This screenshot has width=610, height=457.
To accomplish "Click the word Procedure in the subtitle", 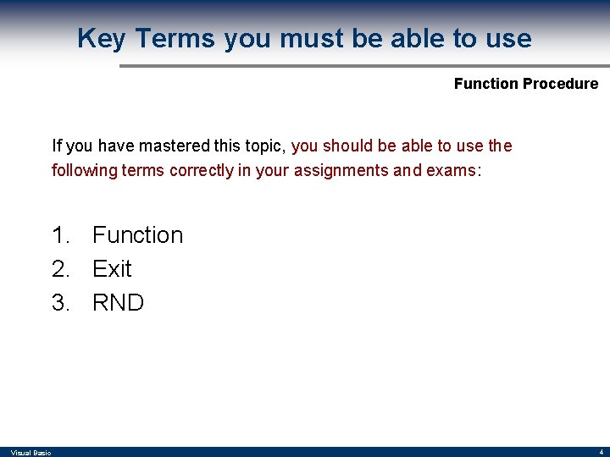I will point(561,84).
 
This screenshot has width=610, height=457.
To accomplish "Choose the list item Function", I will point(137,234).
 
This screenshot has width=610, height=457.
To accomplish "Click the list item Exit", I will point(112,268).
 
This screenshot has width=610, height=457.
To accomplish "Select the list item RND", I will point(118,302).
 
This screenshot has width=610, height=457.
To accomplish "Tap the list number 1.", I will point(60,234).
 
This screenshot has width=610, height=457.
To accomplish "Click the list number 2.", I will point(60,268).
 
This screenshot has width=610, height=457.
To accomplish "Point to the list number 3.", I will point(60,302).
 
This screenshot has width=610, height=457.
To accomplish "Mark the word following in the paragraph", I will point(84,170).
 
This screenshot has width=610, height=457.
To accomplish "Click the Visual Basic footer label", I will point(30,453).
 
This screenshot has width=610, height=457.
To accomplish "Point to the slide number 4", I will point(600,452).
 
